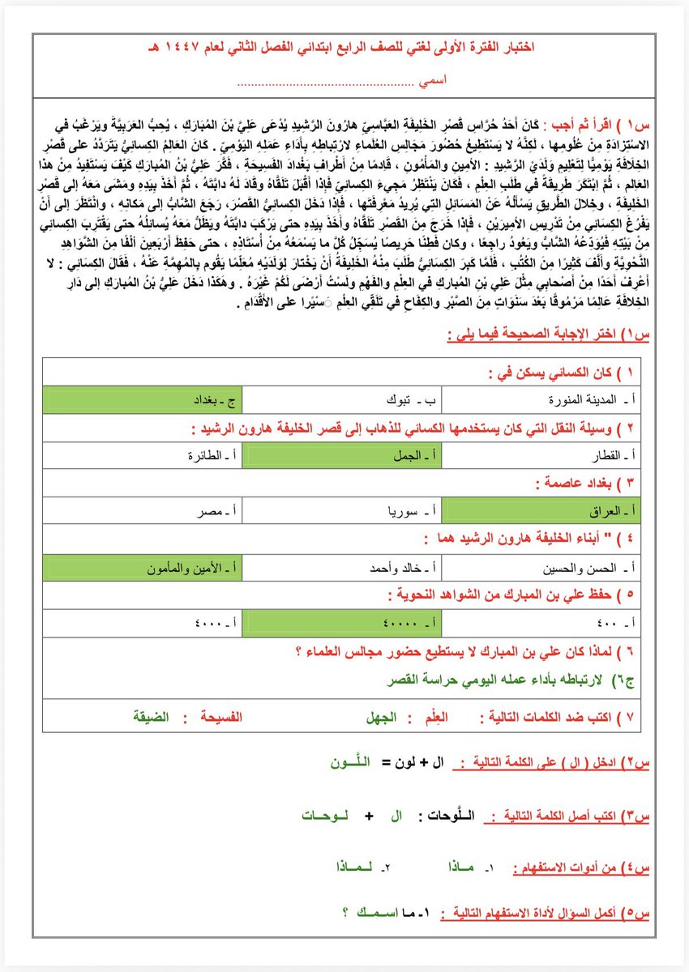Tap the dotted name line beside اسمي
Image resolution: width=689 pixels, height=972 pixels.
324,82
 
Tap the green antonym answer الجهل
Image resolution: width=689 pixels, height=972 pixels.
377,718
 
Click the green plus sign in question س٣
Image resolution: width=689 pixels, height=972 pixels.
369,816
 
